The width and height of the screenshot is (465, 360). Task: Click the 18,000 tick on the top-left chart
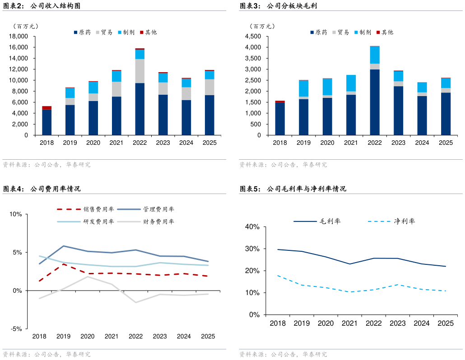pyautogui.click(x=19, y=37)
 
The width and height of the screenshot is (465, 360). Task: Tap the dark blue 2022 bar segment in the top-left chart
pyautogui.click(x=140, y=109)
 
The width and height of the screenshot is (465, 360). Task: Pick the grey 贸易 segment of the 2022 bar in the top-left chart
pyautogui.click(x=140, y=71)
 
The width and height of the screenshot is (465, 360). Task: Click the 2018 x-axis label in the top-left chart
pyautogui.click(x=46, y=143)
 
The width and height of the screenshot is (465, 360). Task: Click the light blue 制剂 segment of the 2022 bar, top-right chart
pyautogui.click(x=375, y=55)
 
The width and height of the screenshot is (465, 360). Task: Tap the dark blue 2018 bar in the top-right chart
pyautogui.click(x=280, y=119)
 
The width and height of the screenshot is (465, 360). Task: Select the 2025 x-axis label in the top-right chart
pyautogui.click(x=446, y=143)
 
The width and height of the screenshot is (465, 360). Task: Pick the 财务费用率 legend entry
pyautogui.click(x=158, y=222)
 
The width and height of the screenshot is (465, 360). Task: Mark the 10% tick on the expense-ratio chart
pyautogui.click(x=16, y=214)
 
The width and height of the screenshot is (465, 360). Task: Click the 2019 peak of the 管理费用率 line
pyautogui.click(x=64, y=246)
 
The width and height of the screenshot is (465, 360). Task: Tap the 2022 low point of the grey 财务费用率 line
pyautogui.click(x=136, y=302)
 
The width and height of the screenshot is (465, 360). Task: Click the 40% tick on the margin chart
pyautogui.click(x=251, y=227)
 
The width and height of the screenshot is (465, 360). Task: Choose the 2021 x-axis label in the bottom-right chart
pyautogui.click(x=350, y=323)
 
